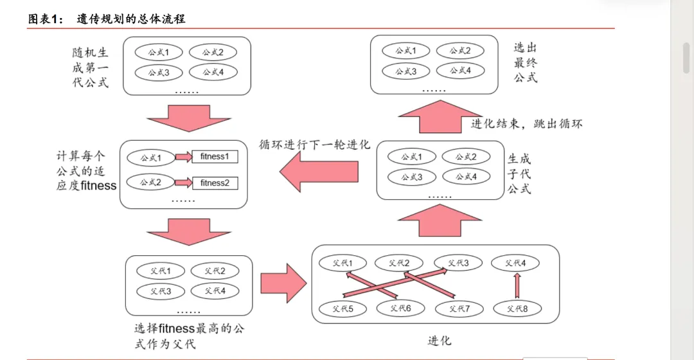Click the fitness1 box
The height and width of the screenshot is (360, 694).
[x=215, y=156]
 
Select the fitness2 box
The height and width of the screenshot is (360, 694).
[x=215, y=183]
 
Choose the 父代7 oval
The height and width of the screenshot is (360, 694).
[x=459, y=309]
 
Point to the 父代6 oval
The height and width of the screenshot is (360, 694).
[x=400, y=309]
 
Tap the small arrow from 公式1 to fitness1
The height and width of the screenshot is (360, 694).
[x=183, y=157]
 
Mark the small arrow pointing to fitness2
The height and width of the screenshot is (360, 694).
[x=183, y=183]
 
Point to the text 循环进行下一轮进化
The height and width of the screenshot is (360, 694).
[x=315, y=145]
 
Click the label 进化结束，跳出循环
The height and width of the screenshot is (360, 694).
[x=527, y=124]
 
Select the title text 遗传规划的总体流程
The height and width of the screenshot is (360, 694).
[x=131, y=19]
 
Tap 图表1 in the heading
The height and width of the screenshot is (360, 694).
[x=45, y=19]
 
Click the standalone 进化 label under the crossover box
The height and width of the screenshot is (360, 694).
[x=440, y=340]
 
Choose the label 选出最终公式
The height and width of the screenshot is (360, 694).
[x=525, y=62]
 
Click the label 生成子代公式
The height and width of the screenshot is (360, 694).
[x=519, y=174]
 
